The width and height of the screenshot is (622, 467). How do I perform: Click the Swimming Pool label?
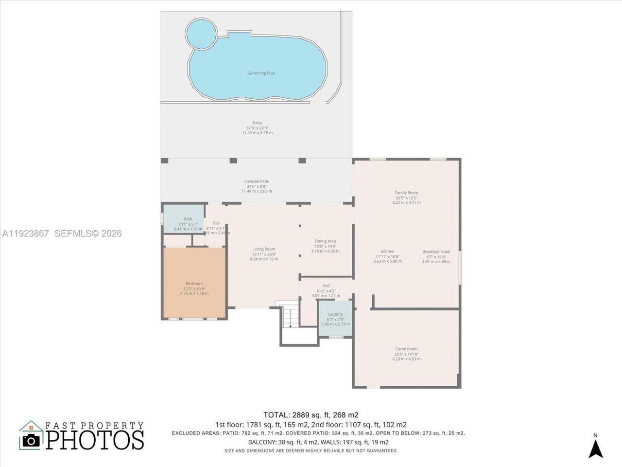(261, 73)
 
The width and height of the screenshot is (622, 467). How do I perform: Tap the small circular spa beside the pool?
(201, 33)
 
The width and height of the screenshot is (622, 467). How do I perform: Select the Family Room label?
(406, 193)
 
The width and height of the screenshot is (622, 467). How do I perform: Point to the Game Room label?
(406, 349)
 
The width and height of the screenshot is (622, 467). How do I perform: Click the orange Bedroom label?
(194, 284)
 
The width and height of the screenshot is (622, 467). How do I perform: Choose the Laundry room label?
(335, 314)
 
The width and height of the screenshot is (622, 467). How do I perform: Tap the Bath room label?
(188, 219)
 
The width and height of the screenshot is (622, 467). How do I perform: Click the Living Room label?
(264, 249)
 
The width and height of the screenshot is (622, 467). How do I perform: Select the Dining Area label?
(325, 241)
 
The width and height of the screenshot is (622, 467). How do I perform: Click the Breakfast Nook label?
(436, 251)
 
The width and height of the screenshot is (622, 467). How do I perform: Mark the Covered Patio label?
(257, 181)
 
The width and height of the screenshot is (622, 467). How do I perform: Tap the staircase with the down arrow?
(290, 317)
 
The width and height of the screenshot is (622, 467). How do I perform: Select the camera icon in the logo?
(32, 440)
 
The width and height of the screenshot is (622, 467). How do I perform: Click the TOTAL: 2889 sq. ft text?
(311, 415)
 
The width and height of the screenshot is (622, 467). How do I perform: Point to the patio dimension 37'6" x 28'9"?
(257, 128)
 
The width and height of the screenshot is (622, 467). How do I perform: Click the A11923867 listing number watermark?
(25, 233)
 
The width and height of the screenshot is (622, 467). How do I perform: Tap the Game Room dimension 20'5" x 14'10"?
(406, 354)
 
